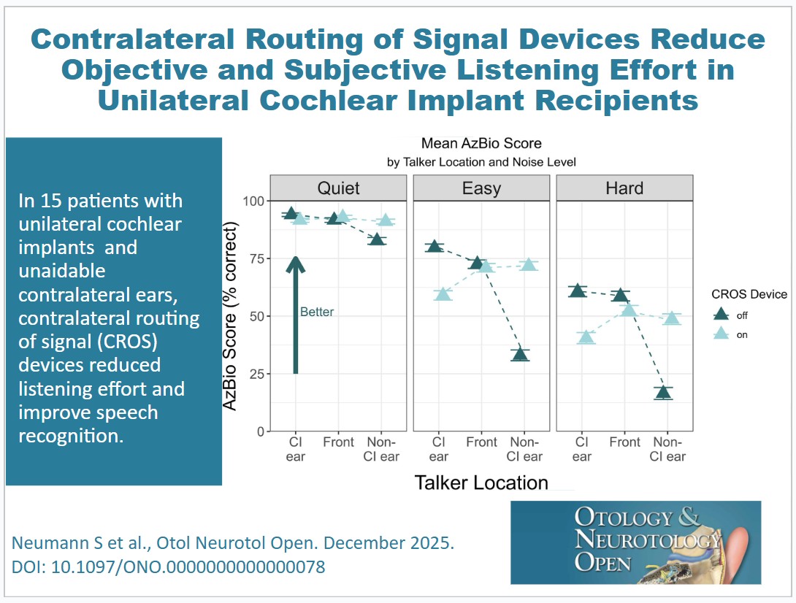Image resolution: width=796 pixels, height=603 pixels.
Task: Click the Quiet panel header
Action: [338, 188]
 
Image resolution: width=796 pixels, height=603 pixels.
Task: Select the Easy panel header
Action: [481, 188]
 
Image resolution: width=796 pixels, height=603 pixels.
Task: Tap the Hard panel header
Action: [624, 188]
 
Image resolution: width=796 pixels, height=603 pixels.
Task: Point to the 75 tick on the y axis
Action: [256, 258]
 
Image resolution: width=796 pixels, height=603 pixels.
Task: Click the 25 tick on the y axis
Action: [256, 374]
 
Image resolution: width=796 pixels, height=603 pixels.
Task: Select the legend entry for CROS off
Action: [722, 315]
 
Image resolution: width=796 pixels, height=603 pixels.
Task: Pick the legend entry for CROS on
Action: [722, 334]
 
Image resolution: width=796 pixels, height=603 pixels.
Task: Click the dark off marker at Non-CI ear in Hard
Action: [663, 393]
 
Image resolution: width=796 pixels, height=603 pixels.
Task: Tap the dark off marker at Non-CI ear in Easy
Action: [520, 355]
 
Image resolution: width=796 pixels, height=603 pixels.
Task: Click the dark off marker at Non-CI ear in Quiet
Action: [377, 239]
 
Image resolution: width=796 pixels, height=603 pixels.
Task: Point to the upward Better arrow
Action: [295, 314]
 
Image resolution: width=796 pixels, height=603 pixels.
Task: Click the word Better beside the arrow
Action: [317, 312]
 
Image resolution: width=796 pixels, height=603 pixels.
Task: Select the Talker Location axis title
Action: [481, 483]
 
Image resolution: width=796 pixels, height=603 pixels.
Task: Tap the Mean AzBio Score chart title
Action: [481, 144]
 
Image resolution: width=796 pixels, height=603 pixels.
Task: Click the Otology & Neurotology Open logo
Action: [635, 542]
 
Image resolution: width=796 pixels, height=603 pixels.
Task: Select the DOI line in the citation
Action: [169, 566]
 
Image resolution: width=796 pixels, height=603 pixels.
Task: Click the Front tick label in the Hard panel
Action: [624, 442]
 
